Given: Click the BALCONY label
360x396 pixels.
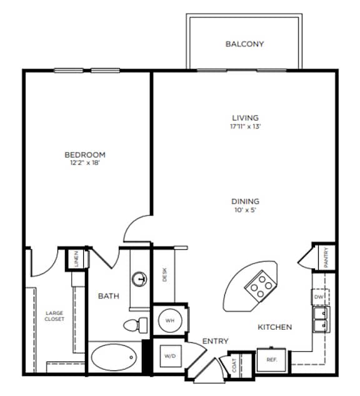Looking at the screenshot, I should coord(244,44).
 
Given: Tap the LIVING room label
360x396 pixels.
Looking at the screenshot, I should coord(245,117).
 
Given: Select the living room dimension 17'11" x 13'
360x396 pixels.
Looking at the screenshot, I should coord(245,126).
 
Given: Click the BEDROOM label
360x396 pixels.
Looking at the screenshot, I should coord(85,154).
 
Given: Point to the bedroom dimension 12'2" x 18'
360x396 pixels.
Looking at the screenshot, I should coord(85,164).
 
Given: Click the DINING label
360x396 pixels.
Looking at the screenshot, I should coord(245,201).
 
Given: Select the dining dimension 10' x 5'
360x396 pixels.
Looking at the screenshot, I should coord(245,210).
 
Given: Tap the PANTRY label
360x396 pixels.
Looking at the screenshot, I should coord(326,257).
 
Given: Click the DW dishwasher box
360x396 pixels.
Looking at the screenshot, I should coord(319,297).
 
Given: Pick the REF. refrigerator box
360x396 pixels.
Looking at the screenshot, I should coord(272,360).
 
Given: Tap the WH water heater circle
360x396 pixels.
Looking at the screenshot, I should coord(169,320).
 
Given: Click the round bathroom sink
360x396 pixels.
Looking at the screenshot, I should coord(141,279).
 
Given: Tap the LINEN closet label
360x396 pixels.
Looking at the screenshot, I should coord(76,258).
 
